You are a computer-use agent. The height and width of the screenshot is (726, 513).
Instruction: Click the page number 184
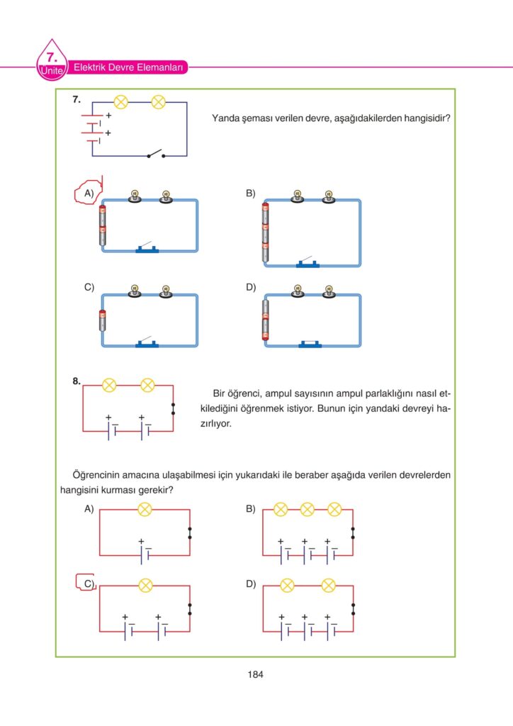pyautogui.click(x=256, y=674)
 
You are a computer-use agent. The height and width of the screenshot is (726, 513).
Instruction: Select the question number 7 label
pyautogui.click(x=76, y=101)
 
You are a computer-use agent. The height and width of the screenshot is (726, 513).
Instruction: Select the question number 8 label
pyautogui.click(x=76, y=381)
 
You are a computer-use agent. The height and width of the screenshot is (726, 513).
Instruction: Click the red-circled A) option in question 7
pyautogui.click(x=88, y=193)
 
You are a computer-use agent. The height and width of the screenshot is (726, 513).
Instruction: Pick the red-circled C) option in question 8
pyautogui.click(x=87, y=583)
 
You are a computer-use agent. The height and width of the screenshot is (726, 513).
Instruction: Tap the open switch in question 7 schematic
pyautogui.click(x=155, y=154)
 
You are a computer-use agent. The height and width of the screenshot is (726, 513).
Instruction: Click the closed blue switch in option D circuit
pyautogui.click(x=310, y=344)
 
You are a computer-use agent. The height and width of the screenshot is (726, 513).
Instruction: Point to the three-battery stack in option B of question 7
pyautogui.click(x=266, y=233)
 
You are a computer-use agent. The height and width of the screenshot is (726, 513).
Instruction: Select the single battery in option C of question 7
pyautogui.click(x=102, y=320)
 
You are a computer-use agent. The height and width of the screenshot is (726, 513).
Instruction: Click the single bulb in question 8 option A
pyautogui.click(x=145, y=508)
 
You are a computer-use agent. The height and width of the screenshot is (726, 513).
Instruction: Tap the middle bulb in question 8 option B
pyautogui.click(x=307, y=508)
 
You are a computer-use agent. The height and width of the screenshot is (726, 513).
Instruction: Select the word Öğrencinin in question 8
pyautogui.click(x=97, y=474)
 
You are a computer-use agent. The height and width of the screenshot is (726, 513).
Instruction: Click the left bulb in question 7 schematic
pyautogui.click(x=120, y=103)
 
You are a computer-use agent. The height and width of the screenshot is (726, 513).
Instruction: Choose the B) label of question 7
pyautogui.click(x=250, y=193)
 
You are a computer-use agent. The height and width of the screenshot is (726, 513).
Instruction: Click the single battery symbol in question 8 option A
pyautogui.click(x=145, y=552)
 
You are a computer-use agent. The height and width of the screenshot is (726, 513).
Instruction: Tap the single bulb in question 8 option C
pyautogui.click(x=145, y=585)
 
